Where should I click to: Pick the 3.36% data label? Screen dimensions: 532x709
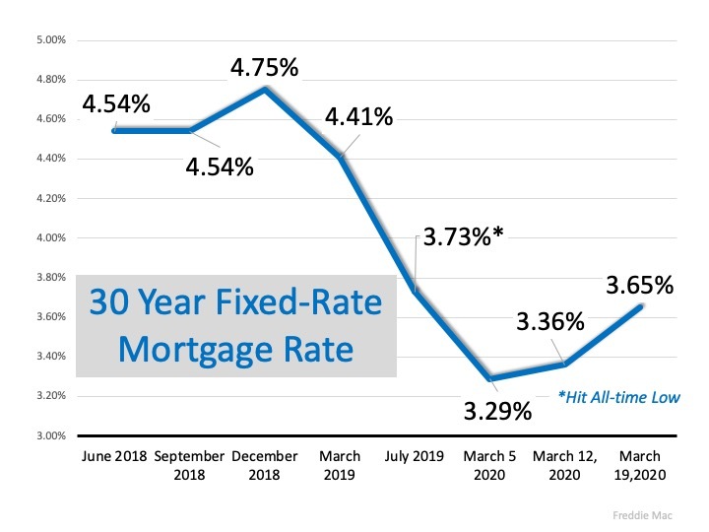click(x=549, y=322)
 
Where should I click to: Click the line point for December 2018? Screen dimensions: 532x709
click(x=265, y=90)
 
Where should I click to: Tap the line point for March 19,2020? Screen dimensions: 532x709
click(x=642, y=307)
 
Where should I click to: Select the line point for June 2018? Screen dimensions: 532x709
click(x=114, y=130)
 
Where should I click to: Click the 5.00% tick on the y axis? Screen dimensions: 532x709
click(x=50, y=40)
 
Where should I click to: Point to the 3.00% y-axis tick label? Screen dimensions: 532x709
click(x=50, y=435)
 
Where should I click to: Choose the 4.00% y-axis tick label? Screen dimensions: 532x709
click(x=50, y=237)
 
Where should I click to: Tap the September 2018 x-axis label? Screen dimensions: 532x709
click(x=189, y=465)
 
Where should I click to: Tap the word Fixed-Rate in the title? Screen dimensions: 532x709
click(x=302, y=302)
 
